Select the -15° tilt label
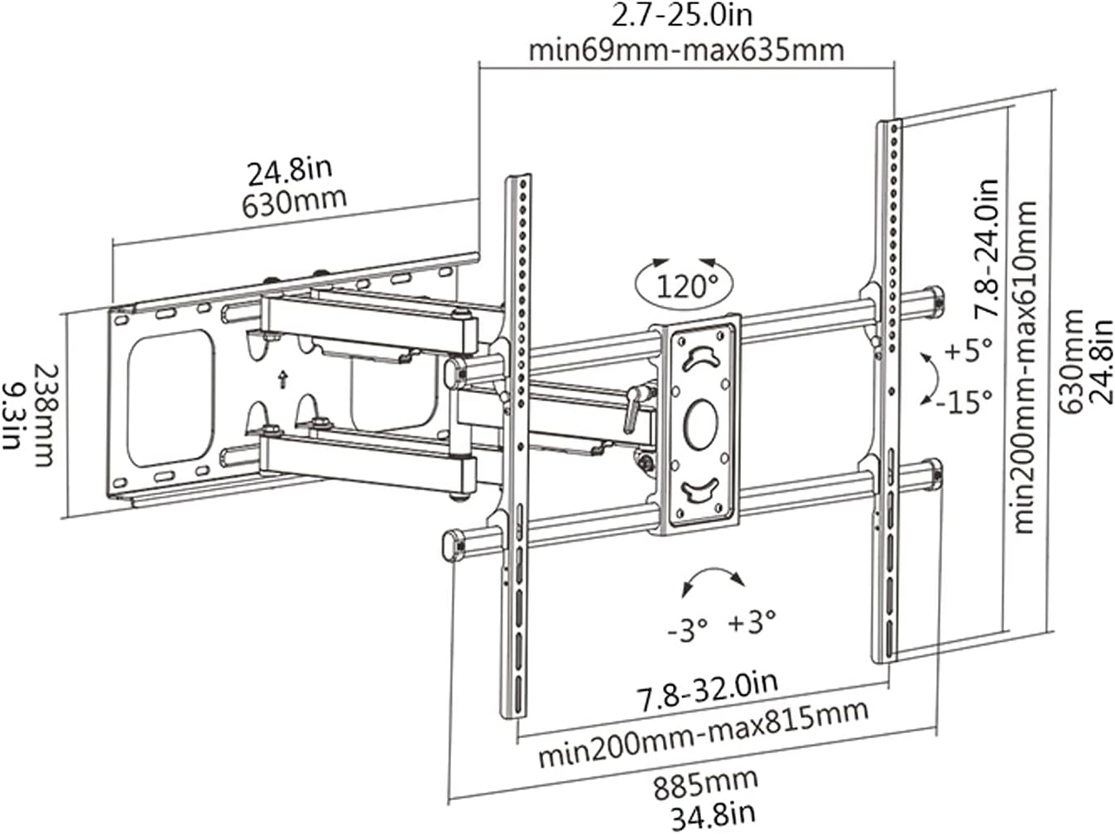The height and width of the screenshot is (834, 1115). coord(964,402)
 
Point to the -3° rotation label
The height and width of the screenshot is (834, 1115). coord(687,630)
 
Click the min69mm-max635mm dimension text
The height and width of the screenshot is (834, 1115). coord(686,50)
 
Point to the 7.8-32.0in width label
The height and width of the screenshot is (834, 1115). coord(707,692)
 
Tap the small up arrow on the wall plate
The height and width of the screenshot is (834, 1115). coord(282,379)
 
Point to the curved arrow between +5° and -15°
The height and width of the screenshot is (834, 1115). coord(930,378)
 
